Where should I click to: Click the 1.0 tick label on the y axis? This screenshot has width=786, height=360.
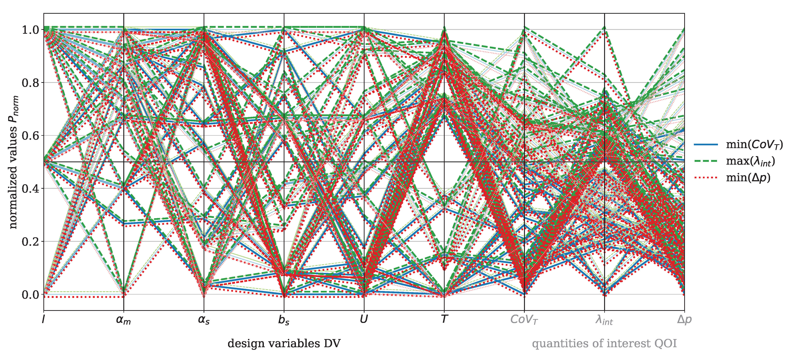click(x=31, y=30)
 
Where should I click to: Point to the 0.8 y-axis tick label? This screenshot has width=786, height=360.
click(x=31, y=83)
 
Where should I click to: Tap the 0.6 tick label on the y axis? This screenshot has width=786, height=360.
click(x=31, y=136)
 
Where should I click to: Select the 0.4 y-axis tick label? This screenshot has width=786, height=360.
click(x=31, y=189)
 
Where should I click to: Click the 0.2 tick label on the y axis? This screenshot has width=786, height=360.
click(x=31, y=242)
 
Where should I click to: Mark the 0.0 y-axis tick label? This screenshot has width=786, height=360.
click(x=31, y=295)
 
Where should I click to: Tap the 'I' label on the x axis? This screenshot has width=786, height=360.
click(x=44, y=319)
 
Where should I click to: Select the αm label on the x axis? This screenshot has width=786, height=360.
click(x=123, y=320)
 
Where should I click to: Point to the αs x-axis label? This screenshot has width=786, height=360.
click(x=204, y=320)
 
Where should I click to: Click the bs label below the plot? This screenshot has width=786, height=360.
click(x=284, y=320)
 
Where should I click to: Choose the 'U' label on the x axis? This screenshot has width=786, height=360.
click(x=364, y=319)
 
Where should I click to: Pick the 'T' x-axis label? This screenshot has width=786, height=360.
click(x=444, y=319)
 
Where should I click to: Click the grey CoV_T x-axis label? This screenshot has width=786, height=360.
click(x=524, y=320)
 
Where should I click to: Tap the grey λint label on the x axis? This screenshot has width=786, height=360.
click(x=604, y=320)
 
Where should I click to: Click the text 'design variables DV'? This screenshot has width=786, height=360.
click(x=284, y=344)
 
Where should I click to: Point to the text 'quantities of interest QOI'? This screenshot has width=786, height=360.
click(x=604, y=344)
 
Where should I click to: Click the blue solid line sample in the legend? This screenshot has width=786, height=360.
click(x=706, y=144)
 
